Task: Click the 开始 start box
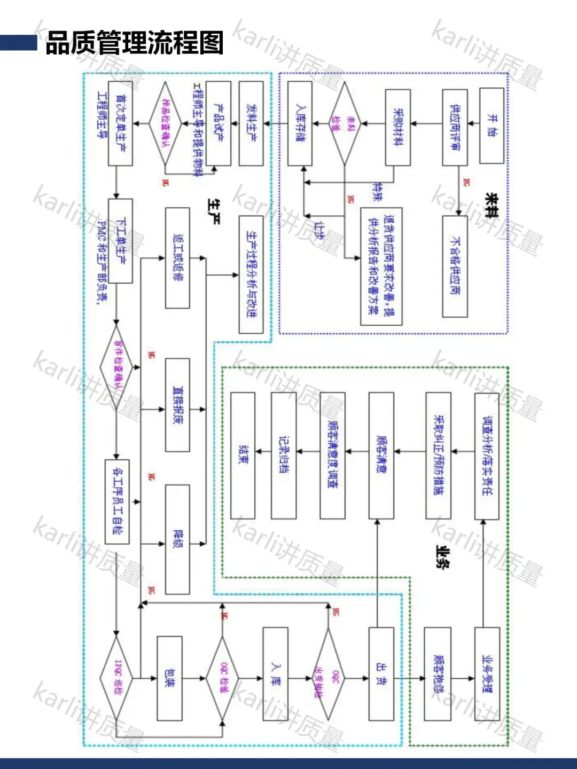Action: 492,126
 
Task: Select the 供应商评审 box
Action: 455,127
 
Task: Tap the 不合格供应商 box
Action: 455,266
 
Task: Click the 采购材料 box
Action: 398,127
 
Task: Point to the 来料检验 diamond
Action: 345,124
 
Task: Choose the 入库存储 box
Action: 300,123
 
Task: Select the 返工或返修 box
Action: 177,258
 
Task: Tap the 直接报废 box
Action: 177,405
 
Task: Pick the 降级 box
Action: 177,539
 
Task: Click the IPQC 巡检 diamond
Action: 116,679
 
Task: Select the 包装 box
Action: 169,678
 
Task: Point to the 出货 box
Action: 381,673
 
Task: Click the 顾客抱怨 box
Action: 438,674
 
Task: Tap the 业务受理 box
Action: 487,674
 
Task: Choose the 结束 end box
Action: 243,456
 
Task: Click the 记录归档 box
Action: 284,456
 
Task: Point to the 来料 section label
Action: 490,206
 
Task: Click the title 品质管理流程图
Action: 134,43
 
